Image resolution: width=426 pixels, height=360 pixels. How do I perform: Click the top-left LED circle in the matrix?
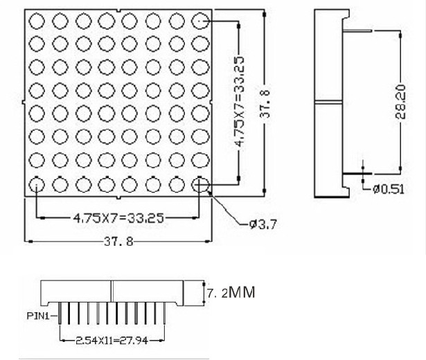tap(36, 20)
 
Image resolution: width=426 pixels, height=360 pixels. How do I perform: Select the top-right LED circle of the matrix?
tap(199, 20)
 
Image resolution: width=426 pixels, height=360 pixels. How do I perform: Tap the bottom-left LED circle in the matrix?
tap(36, 183)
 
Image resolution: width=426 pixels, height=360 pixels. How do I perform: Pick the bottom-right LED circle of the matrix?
tap(199, 183)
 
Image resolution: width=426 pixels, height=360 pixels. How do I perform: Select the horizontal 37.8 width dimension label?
tap(118, 242)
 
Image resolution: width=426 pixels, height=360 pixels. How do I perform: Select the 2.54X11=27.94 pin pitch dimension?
tap(112, 340)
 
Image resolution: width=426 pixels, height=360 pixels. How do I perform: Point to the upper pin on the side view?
tap(357, 30)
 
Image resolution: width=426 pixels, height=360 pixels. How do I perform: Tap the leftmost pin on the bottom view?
tap(60, 317)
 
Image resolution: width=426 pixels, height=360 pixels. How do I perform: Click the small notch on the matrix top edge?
tap(118, 11)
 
